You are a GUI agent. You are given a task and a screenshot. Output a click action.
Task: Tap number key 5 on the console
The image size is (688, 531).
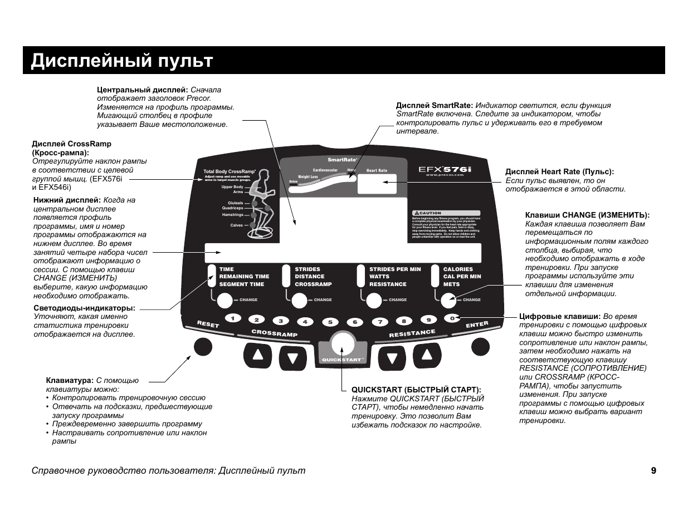330,322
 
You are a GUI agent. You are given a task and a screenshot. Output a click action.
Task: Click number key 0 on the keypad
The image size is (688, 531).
453,318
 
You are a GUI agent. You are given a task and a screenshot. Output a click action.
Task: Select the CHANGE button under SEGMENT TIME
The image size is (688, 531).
224,301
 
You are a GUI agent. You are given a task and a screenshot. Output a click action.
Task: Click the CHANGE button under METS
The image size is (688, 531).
449,301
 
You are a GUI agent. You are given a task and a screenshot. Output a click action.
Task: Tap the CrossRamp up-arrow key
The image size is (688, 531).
257,355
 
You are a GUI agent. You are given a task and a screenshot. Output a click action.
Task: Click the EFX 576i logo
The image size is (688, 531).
445,168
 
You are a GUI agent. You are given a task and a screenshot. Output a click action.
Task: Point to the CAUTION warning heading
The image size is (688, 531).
430,213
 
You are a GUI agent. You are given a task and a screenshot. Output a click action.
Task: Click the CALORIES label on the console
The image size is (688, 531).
458,269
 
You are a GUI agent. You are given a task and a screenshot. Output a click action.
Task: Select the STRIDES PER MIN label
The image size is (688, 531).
395,269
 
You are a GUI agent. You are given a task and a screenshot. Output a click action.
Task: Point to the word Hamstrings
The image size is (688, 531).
233,214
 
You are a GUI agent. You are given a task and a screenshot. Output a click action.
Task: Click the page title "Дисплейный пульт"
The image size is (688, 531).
122,61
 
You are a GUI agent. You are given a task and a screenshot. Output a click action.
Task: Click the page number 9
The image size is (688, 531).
653,471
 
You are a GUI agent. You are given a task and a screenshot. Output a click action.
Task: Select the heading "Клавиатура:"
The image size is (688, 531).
70,381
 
